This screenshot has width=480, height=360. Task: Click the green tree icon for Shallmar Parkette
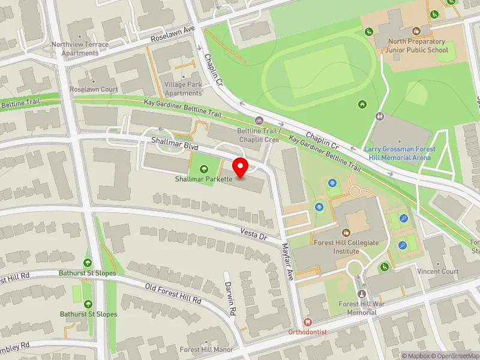[x=203, y=169]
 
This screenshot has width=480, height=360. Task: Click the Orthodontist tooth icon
[x=307, y=322]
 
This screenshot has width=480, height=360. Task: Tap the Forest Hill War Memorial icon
[x=361, y=294]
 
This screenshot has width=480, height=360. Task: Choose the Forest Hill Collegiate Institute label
[x=346, y=247]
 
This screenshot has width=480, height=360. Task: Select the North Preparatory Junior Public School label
[x=418, y=46]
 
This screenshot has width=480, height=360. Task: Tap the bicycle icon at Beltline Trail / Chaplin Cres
[x=259, y=121]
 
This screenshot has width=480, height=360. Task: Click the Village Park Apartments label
[x=183, y=89]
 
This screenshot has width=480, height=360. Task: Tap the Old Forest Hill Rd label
[x=173, y=293]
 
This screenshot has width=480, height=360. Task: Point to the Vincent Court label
[x=438, y=271]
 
